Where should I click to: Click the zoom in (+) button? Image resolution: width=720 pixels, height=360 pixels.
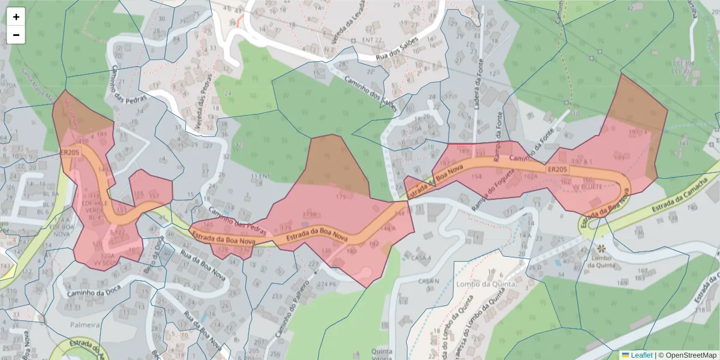tap(16, 17)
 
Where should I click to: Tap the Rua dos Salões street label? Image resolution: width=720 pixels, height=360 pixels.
tap(397, 49)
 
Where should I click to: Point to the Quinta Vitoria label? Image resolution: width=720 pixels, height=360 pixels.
tap(382, 355)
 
